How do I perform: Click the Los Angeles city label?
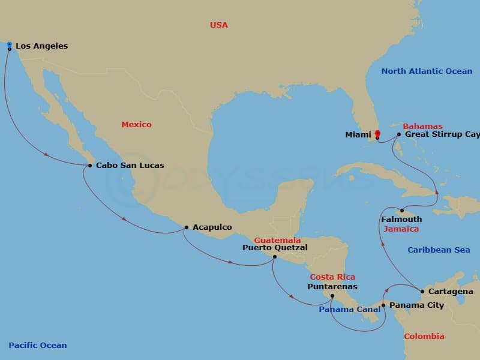point(41,46)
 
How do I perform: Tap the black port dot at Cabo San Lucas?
point(90,166)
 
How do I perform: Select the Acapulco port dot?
point(187,227)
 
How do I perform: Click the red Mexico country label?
point(136,125)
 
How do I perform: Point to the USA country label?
point(219,25)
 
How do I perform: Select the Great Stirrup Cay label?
point(442,134)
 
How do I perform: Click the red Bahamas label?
point(422,127)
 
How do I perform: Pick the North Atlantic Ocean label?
point(427,71)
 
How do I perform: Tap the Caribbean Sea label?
point(439,250)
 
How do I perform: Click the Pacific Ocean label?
point(38,345)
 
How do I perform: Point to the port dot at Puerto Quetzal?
point(275,257)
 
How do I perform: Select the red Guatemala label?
point(277,240)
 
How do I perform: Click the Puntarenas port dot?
point(332,295)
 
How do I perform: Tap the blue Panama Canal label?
point(350,310)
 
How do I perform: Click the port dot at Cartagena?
point(423,292)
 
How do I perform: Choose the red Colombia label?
point(424,337)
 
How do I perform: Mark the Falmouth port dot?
point(401,210)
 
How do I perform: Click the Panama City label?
point(417,305)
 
